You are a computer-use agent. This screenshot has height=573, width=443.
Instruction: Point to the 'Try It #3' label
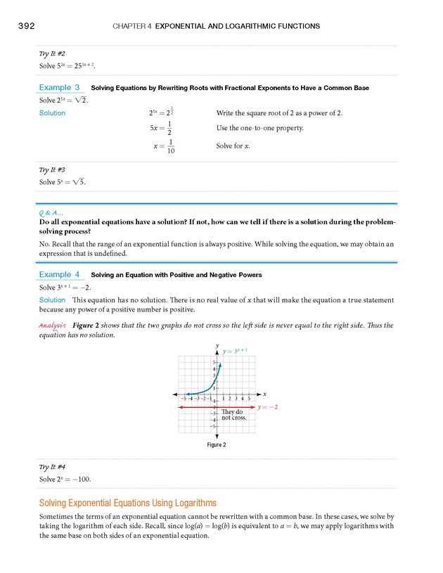coord(53,169)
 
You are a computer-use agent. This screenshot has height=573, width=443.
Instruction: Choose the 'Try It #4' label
coord(53,467)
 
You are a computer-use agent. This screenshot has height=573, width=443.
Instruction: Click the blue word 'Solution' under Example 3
coord(53,113)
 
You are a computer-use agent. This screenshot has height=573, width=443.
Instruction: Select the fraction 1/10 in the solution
coord(170,146)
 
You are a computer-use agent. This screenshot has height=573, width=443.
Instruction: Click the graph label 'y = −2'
coord(269,407)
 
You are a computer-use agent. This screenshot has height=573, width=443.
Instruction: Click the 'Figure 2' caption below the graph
coord(215,445)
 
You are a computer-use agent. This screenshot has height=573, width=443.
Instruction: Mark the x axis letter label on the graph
coord(266,394)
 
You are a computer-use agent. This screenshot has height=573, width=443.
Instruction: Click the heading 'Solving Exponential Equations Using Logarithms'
coord(128,503)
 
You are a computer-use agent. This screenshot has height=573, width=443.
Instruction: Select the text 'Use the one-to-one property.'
coord(260,129)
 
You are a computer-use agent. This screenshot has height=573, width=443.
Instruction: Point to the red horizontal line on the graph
coord(204,407)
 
